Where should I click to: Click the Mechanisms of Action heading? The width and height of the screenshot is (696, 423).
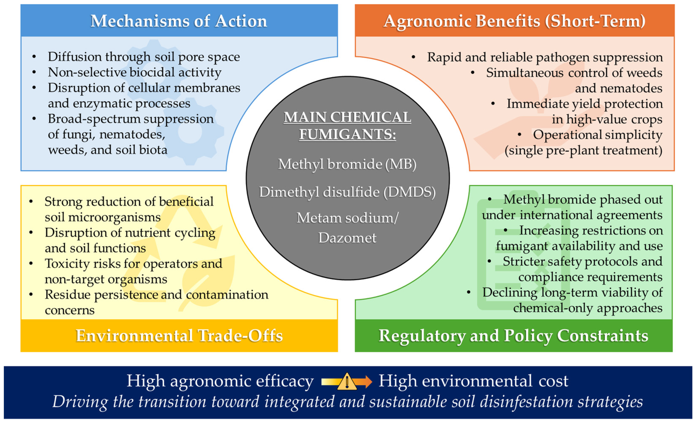[x=179, y=21]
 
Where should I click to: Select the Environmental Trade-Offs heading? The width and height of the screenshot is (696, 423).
[x=179, y=336]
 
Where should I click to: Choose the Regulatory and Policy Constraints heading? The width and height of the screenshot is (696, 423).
[x=513, y=336]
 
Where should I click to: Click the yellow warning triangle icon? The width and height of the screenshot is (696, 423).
[x=347, y=382]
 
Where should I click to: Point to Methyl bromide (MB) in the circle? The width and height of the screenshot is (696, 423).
[x=347, y=164]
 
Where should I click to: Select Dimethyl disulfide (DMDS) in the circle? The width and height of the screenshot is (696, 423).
[x=347, y=192]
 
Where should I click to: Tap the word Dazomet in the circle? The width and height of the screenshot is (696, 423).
[x=347, y=238]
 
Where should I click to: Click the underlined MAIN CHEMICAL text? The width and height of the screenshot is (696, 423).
[x=347, y=117]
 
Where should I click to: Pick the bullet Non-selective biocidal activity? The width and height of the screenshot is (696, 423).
[x=134, y=72]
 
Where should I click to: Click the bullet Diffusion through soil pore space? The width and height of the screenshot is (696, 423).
[x=143, y=57]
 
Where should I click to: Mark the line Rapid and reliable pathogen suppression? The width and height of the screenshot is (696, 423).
[x=545, y=57]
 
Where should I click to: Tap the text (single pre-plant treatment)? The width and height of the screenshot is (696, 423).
[x=583, y=150]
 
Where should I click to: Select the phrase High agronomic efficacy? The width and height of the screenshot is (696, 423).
[x=220, y=381]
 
